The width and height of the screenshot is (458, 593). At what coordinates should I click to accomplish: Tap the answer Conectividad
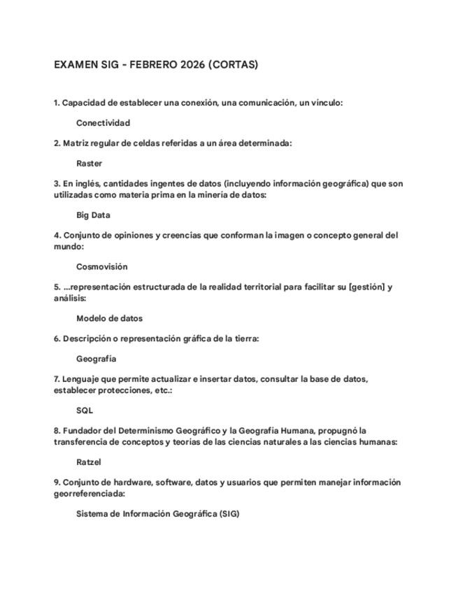click(103, 123)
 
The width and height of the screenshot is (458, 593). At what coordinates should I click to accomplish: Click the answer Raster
click(89, 164)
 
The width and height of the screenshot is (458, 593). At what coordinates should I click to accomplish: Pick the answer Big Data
click(93, 215)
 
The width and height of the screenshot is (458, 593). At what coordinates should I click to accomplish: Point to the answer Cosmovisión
click(101, 266)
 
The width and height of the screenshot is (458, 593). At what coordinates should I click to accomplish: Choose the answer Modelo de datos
click(109, 318)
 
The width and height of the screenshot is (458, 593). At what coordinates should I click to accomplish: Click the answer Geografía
click(96, 359)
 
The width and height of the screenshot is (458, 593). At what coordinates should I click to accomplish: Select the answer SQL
click(85, 410)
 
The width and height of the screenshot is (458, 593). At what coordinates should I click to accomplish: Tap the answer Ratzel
click(89, 462)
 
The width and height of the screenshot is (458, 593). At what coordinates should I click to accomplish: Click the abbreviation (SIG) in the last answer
click(229, 514)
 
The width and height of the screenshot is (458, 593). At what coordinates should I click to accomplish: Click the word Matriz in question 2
click(77, 143)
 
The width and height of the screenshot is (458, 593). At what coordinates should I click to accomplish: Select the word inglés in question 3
click(87, 184)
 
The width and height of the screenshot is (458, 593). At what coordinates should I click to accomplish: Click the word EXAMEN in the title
click(74, 65)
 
